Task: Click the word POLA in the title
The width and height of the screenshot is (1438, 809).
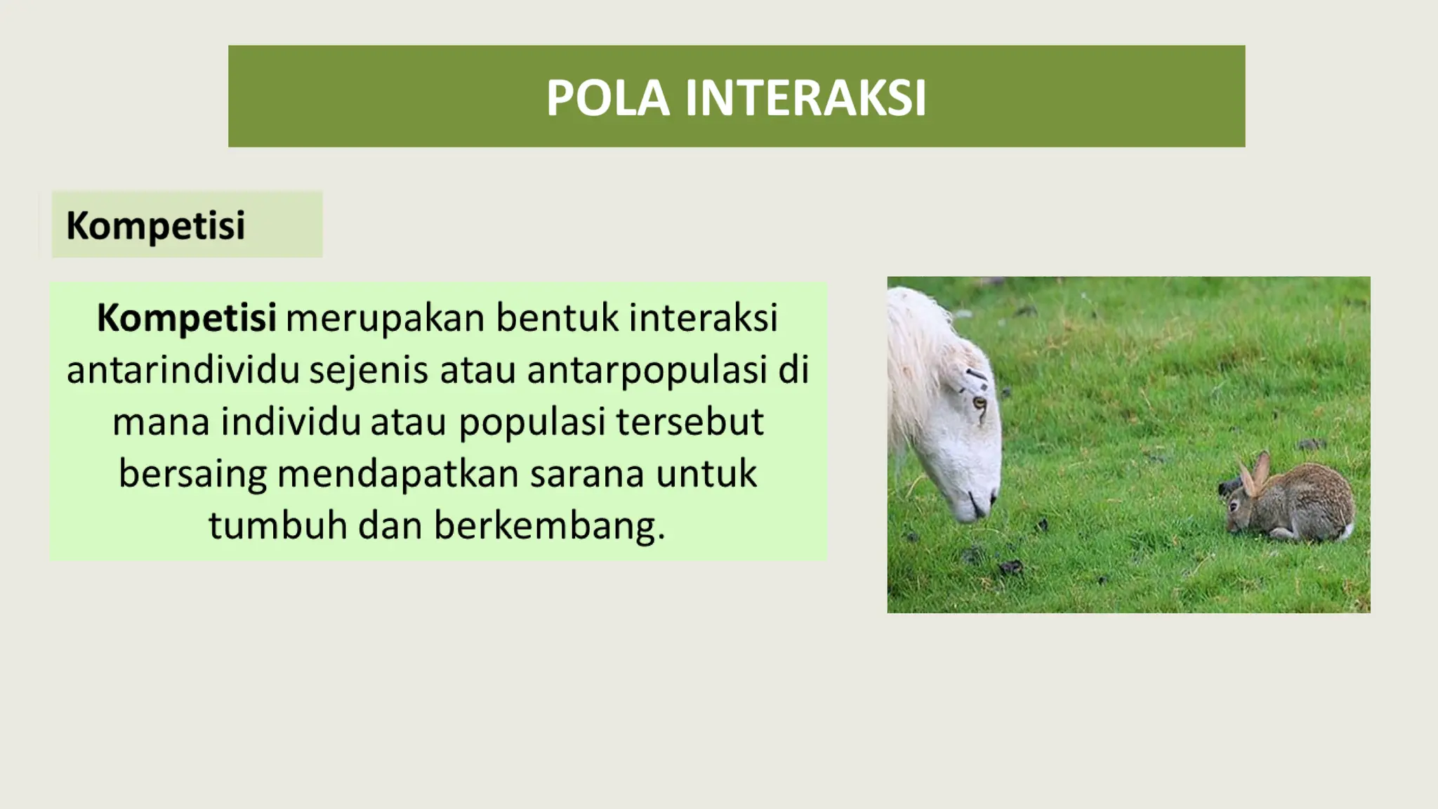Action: coord(607,98)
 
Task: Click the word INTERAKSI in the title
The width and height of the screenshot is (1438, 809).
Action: coord(805,98)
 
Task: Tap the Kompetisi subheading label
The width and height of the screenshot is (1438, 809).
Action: coord(155,225)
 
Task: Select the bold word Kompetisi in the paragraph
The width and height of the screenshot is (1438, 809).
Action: coord(186,317)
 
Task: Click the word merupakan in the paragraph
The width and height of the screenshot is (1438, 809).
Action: coord(385,317)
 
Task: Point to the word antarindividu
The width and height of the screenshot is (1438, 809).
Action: coord(183,369)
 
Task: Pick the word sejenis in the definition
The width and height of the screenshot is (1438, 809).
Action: coord(369,369)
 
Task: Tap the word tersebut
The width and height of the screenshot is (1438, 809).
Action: coord(690,421)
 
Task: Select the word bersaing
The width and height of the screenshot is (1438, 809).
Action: coord(192,473)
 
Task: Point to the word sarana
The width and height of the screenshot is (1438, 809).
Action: coord(587,473)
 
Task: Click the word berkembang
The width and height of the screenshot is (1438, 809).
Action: coord(548,525)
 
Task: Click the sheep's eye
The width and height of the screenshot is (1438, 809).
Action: coord(978,403)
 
